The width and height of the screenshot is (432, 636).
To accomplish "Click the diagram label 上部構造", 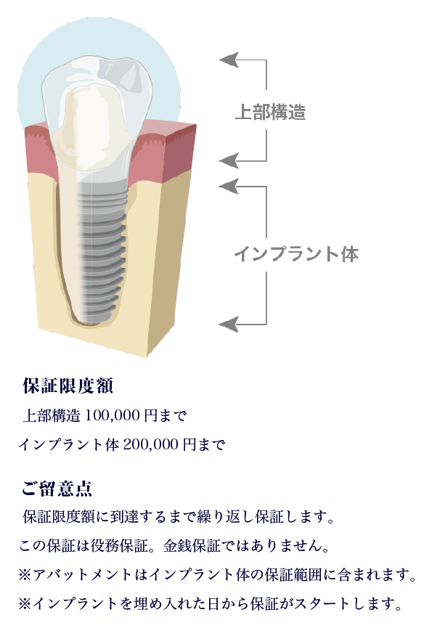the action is (x=270, y=112).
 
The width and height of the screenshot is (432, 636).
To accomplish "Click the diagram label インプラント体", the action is (x=296, y=254).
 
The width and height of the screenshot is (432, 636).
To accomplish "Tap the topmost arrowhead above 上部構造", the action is (x=229, y=60).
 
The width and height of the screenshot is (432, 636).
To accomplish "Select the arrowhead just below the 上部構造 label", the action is (x=229, y=161).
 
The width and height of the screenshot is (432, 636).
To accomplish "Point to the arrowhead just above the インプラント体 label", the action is (x=229, y=186).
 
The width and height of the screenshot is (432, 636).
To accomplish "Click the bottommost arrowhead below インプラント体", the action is (x=229, y=325).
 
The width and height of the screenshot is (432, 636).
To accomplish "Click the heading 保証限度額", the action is (x=68, y=386).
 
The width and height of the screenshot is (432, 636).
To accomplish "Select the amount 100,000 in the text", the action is (x=113, y=415).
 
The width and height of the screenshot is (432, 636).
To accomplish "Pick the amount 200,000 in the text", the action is (x=150, y=444).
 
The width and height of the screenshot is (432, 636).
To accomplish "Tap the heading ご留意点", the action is (x=57, y=489).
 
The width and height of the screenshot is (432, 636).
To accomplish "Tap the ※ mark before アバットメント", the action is (x=25, y=575).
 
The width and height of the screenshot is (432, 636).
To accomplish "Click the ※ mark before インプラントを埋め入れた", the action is (x=25, y=604).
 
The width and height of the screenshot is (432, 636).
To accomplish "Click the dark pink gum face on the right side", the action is (x=178, y=152).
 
